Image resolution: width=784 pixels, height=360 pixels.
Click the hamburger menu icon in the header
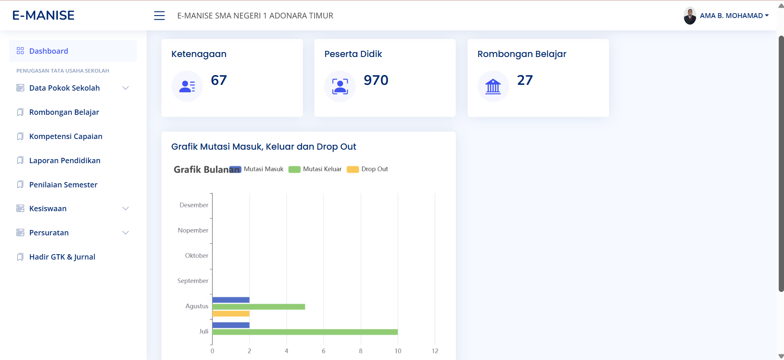[x=159, y=16]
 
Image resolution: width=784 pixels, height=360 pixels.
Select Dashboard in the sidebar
[x=48, y=51]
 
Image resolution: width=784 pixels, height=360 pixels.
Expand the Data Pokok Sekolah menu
[x=64, y=88]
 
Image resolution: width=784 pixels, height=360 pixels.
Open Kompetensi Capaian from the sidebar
[x=66, y=137]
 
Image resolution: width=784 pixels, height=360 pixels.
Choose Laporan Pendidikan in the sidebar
[x=65, y=161]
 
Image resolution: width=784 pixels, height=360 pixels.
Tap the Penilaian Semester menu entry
[x=63, y=185]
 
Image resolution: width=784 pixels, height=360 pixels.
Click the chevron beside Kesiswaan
[x=126, y=209]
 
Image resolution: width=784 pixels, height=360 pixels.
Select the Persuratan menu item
[x=49, y=233]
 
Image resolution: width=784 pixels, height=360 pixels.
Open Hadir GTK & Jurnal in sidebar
[x=62, y=257]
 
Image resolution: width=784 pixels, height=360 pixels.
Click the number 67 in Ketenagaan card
[x=219, y=80]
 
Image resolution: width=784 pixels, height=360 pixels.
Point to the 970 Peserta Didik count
[x=376, y=80]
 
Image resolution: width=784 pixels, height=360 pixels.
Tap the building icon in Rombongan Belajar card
[x=493, y=87]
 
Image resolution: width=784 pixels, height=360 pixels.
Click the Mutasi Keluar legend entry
[x=316, y=169]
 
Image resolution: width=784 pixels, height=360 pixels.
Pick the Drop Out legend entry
[x=368, y=169]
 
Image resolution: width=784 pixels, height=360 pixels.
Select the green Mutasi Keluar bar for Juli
[x=305, y=332]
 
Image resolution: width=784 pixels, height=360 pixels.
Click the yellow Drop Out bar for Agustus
[x=231, y=314]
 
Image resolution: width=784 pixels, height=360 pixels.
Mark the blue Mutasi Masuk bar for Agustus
[x=231, y=300]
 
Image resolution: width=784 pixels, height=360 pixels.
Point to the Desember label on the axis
[x=194, y=205]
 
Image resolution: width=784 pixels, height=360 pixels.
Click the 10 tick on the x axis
[x=398, y=351]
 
